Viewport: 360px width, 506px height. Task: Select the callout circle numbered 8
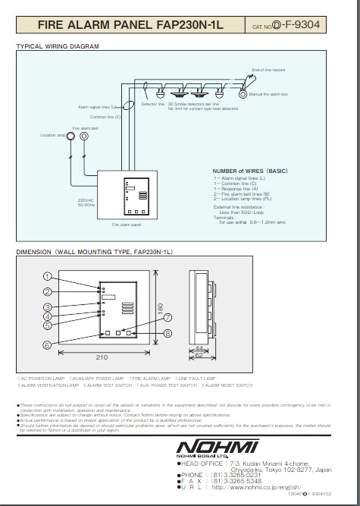click(x=167, y=332)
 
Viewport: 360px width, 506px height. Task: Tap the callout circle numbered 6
click(x=47, y=345)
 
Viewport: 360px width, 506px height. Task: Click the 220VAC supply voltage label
click(x=86, y=200)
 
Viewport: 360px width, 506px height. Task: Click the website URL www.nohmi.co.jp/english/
click(x=257, y=486)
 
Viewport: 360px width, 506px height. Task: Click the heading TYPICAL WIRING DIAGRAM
click(x=58, y=46)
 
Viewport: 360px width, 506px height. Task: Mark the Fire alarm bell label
click(x=83, y=128)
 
